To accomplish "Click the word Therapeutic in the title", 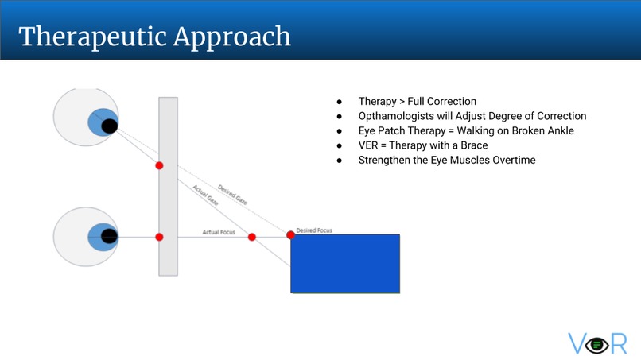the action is click(x=92, y=37).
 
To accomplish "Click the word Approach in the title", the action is click(x=231, y=37).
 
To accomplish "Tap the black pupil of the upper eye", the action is click(x=110, y=126).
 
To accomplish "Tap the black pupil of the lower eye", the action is click(x=109, y=236).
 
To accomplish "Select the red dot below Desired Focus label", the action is click(x=290, y=235).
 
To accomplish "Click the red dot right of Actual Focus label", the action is click(x=252, y=237).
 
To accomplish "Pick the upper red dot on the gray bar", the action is click(x=159, y=165).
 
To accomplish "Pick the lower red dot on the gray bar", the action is click(x=159, y=237).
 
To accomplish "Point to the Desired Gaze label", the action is click(x=232, y=195).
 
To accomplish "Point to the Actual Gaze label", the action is click(x=205, y=195).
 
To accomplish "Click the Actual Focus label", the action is click(x=219, y=232).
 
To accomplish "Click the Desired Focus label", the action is click(x=314, y=230).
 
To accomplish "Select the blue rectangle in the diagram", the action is click(x=345, y=264).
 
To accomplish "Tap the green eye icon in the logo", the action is click(x=596, y=345).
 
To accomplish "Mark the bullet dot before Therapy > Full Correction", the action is click(x=340, y=102).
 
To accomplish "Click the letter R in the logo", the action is click(x=619, y=343).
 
